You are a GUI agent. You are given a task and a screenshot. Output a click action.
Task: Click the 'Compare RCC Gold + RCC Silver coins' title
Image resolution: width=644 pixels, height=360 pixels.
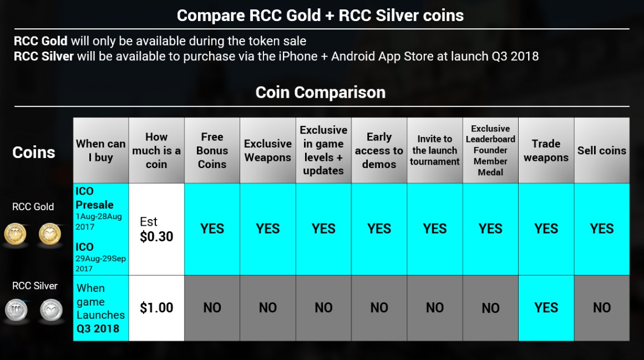[321, 16]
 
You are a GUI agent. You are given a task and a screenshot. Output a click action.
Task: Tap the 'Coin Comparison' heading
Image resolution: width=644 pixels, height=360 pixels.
[321, 93]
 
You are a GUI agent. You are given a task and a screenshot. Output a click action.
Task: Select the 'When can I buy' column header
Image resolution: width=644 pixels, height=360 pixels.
[100, 150]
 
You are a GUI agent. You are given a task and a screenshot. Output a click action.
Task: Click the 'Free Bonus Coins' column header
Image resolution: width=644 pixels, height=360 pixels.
[212, 150]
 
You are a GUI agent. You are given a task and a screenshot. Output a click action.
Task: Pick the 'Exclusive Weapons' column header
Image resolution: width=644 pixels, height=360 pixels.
[268, 150]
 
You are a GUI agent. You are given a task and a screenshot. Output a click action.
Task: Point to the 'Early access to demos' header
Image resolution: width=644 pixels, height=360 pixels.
[379, 150]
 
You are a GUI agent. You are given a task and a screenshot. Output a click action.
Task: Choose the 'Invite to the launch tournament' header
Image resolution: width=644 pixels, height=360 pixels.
[434, 150]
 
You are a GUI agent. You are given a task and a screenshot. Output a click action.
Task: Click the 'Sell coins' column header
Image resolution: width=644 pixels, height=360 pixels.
[602, 151]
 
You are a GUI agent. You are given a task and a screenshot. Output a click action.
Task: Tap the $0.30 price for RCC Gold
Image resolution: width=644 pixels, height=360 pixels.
[156, 236]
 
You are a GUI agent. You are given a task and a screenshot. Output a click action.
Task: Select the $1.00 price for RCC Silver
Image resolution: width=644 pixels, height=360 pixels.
[156, 307]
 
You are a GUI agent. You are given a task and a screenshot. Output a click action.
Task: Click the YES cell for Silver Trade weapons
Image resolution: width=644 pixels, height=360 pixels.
[546, 307]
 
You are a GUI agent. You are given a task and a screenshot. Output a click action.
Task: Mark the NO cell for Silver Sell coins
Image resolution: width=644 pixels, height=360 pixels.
[602, 307]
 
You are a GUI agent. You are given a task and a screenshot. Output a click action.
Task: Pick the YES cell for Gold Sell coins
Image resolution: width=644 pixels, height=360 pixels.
[602, 229]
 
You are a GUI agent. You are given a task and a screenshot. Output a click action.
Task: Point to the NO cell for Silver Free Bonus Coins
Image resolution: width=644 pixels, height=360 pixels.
[212, 307]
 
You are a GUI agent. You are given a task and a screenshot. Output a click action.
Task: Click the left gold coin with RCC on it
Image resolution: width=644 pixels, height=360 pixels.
[15, 235]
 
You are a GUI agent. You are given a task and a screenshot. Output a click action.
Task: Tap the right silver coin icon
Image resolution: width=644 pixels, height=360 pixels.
[52, 310]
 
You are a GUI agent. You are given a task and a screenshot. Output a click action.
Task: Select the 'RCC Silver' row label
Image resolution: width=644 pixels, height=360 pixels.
[35, 286]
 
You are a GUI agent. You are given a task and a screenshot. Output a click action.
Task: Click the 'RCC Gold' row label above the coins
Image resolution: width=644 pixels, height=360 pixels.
[33, 206]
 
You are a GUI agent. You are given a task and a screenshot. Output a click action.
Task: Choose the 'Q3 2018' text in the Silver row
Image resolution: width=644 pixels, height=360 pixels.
[98, 329]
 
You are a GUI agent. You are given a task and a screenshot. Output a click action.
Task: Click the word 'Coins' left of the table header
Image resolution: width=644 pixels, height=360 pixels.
[34, 153]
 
